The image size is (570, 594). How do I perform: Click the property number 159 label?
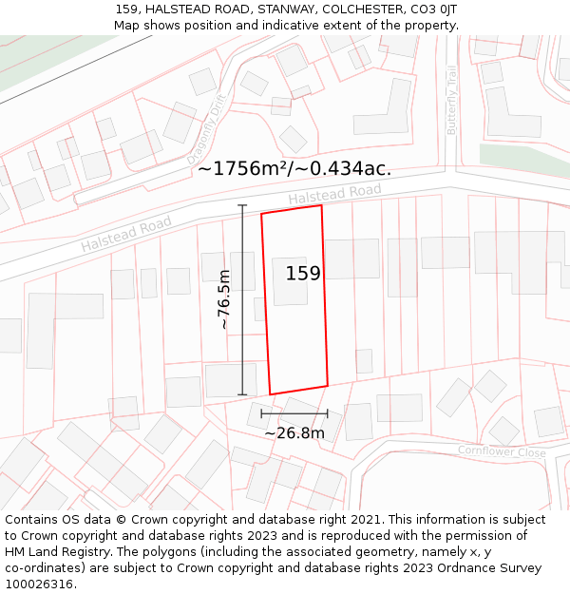point(303,274)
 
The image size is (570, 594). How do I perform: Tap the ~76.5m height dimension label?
point(224,299)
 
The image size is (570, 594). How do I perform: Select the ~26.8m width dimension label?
point(294,433)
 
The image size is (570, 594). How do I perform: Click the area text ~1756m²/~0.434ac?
point(294,169)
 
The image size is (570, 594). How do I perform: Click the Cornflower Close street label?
point(502,452)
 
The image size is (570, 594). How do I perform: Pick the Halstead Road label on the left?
point(126,234)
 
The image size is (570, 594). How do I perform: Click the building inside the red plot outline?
point(290,281)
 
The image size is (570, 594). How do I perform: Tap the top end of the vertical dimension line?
point(242,205)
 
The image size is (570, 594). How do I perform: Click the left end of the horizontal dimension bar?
point(261,413)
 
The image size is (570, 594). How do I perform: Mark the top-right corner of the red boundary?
point(321,205)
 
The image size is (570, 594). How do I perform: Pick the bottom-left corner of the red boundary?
point(270,393)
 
